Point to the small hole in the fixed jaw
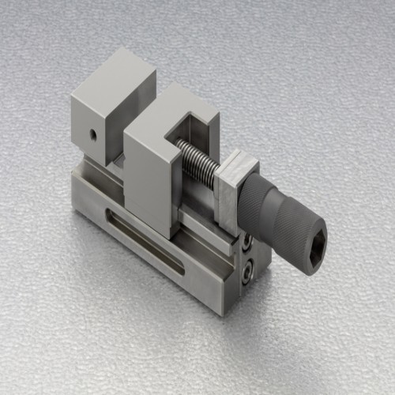pyautogui.click(x=92, y=135)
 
